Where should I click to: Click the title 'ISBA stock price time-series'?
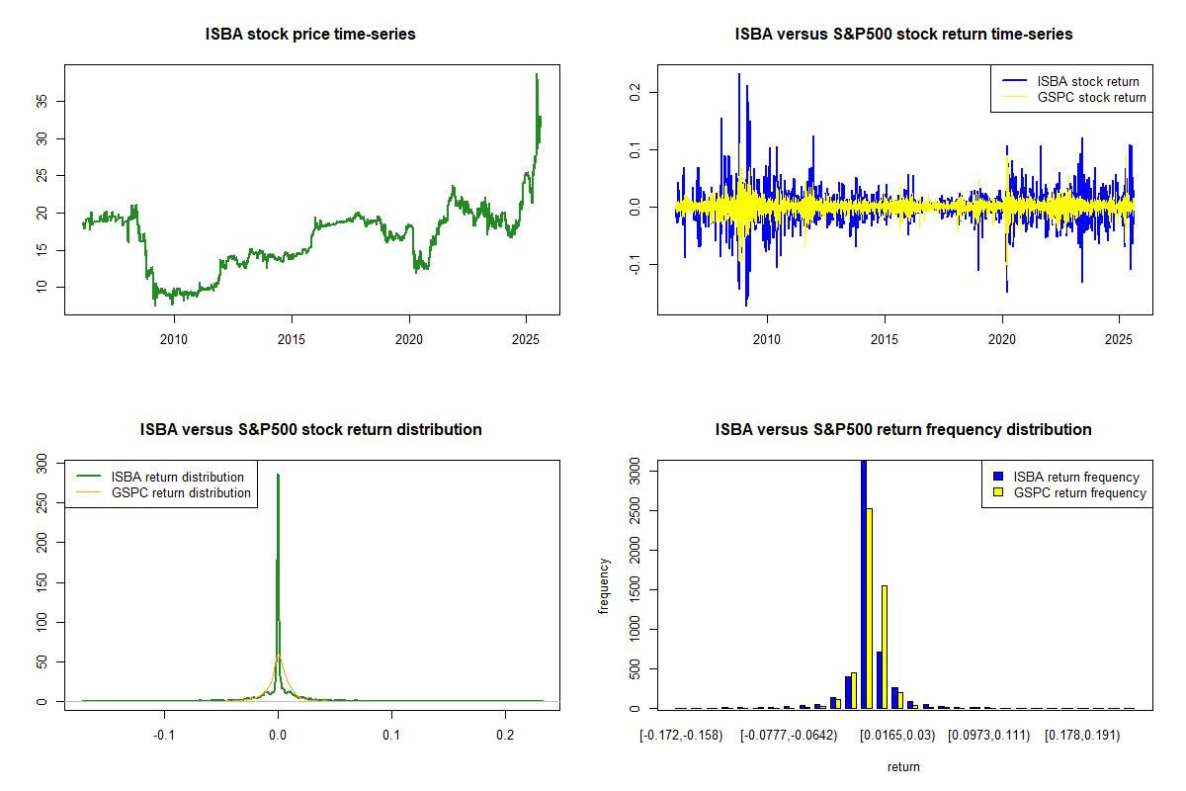310,35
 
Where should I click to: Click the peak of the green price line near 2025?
537,75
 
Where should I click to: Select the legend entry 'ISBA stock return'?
1087,82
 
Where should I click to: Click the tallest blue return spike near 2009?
738,74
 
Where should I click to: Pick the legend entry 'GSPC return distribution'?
181,492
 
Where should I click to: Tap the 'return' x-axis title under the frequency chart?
903,766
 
